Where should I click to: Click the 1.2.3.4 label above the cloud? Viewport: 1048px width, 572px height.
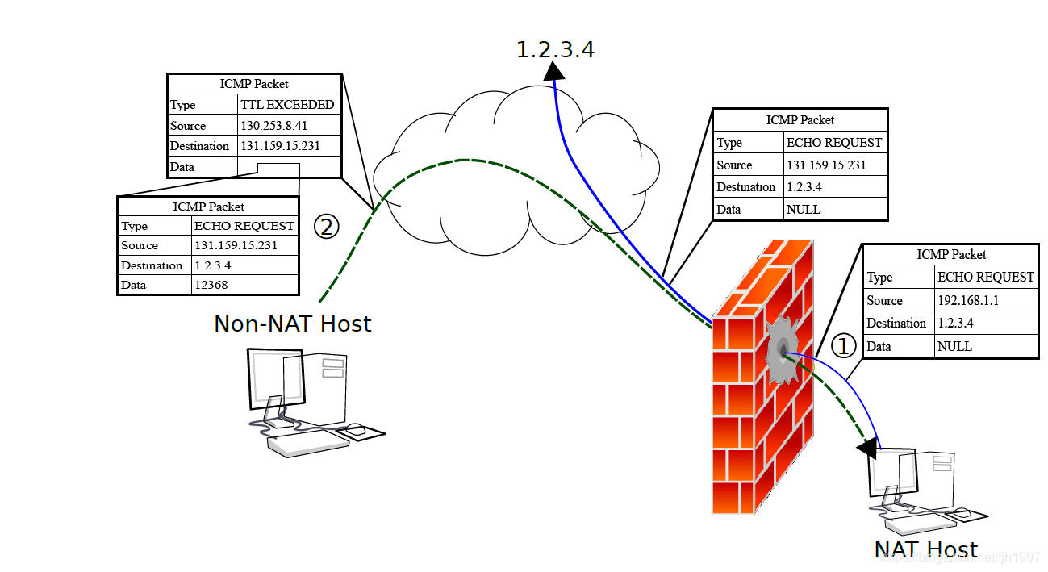555,49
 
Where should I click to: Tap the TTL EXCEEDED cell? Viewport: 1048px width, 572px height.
287,105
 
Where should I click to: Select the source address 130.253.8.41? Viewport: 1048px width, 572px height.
273,126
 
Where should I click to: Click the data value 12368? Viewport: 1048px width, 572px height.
211,285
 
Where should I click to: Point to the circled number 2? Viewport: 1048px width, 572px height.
326,227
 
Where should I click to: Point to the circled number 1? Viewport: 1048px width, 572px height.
843,346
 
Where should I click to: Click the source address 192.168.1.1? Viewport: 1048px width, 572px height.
968,300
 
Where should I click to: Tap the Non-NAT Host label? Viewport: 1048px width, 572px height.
292,324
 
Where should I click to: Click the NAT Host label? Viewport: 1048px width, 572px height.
926,549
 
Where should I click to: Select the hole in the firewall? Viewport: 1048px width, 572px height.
783,349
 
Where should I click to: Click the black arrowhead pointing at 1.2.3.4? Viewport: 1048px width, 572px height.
553,71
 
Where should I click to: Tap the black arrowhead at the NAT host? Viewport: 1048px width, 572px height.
867,448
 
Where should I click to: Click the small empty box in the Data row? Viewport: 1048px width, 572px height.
278,169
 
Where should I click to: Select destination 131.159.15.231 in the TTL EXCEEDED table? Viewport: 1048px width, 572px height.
280,146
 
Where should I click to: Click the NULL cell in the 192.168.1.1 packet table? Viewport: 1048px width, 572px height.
954,347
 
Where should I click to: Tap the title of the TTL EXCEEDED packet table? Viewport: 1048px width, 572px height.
254,84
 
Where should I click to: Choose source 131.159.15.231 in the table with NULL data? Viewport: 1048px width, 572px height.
826,165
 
